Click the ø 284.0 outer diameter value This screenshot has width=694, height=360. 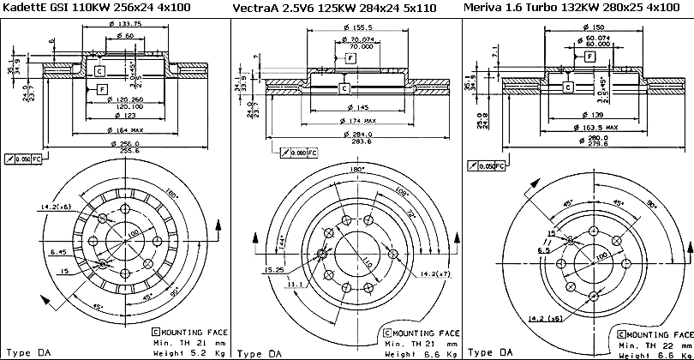coord(349,134)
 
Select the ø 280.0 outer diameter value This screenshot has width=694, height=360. coord(574,137)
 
